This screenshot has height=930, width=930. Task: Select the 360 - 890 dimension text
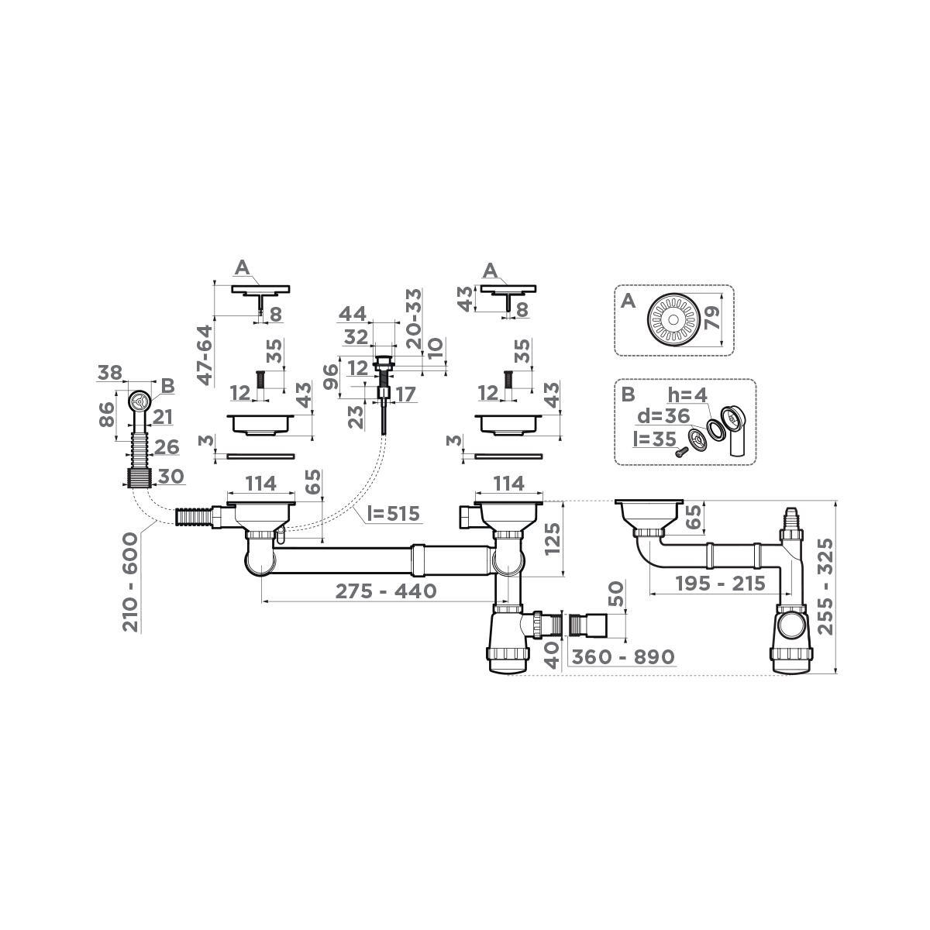coord(622,656)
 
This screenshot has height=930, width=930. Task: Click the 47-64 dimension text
coord(205,354)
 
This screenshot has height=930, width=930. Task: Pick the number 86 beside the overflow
coord(108,415)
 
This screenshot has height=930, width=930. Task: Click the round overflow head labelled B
coord(139,401)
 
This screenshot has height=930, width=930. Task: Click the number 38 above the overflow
coord(111,373)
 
